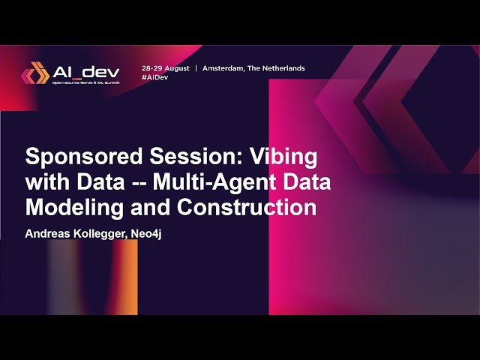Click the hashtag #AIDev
click(x=154, y=77)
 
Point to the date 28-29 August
click(x=166, y=68)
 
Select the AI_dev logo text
click(x=86, y=72)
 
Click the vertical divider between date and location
click(x=196, y=68)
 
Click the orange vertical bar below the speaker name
click(x=129, y=277)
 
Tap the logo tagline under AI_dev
click(x=86, y=83)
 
